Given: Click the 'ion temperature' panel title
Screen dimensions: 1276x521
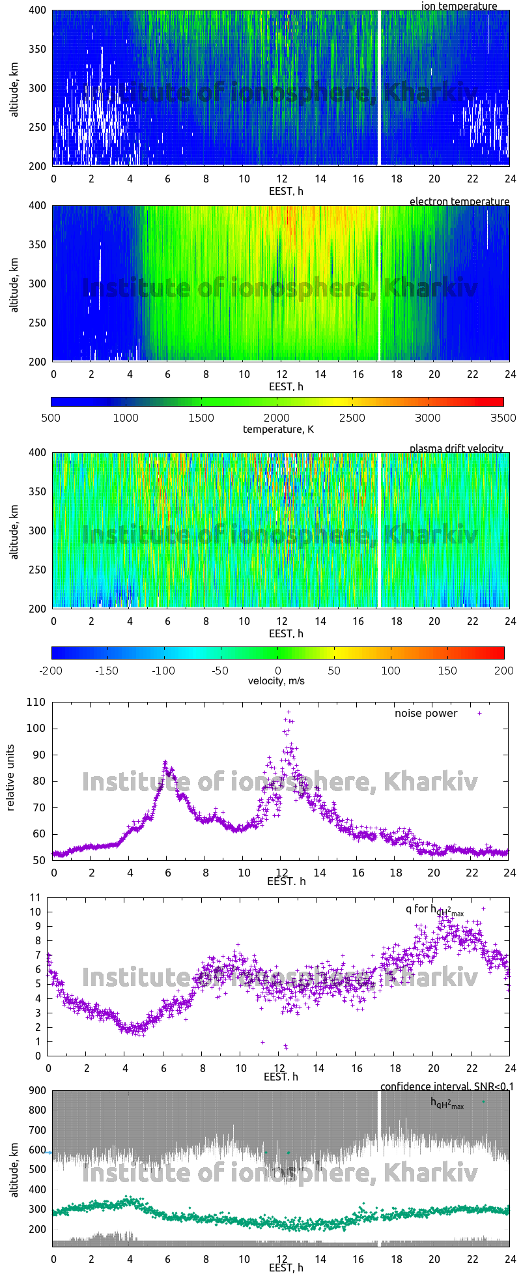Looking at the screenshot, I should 459,7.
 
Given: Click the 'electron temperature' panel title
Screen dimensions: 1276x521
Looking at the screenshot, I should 459,201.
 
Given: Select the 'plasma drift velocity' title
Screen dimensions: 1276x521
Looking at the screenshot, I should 456,448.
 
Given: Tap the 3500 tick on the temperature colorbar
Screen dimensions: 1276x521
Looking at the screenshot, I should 503,418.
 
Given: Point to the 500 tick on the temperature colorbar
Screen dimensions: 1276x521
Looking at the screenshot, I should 51,418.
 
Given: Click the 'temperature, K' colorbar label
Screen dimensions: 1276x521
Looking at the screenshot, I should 278,429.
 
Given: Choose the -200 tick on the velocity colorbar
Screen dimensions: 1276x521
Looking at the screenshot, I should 52,670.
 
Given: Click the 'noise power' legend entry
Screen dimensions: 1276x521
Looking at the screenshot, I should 426,713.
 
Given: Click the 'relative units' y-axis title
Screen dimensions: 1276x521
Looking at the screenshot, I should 10,781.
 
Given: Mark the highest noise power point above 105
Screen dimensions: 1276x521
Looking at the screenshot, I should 289,712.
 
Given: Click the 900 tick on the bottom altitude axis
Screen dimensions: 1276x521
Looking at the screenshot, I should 36,1090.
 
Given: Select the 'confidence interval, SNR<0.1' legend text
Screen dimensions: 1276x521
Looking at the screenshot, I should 446,1086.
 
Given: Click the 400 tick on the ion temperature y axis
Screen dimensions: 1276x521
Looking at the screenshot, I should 38,10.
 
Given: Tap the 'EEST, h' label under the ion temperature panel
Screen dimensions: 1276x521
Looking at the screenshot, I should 286,191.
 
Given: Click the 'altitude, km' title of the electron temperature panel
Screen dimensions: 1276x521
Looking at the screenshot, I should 14,283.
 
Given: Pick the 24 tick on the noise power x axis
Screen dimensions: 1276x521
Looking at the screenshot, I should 509,873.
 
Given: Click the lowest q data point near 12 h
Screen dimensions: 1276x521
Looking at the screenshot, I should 285,1047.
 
